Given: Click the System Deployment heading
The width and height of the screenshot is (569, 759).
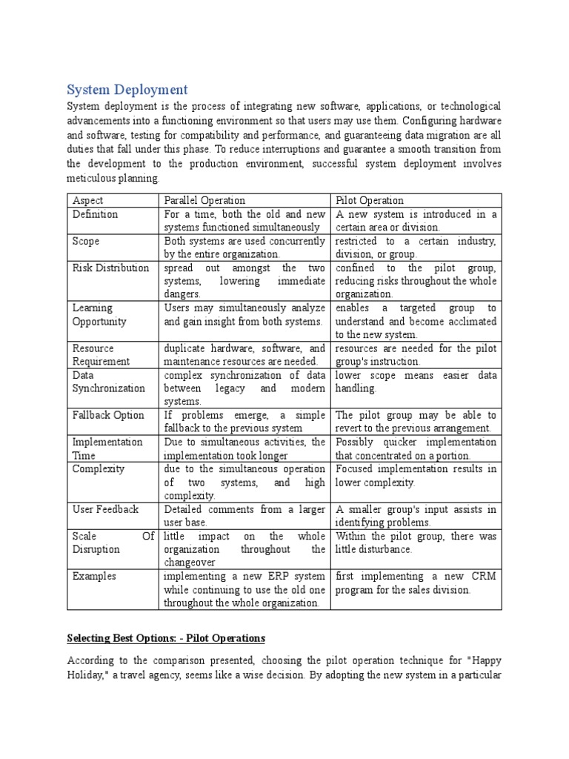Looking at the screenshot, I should (127, 90).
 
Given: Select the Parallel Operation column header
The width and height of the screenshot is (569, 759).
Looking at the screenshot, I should (204, 200).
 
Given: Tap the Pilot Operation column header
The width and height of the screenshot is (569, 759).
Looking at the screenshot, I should (370, 200).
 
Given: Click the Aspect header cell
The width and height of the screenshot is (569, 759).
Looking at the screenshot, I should (88, 200).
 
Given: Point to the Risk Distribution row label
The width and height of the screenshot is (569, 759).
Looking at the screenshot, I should (110, 268).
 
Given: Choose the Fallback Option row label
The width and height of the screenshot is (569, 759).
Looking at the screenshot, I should (108, 415).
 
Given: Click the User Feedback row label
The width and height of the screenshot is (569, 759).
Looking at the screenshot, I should (105, 509).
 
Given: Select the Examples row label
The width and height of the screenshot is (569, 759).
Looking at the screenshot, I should (94, 576).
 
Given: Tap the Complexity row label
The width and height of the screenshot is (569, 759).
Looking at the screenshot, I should (99, 468).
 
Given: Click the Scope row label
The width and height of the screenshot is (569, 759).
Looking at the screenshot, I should (86, 241).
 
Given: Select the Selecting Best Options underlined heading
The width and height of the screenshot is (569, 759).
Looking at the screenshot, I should (166, 637).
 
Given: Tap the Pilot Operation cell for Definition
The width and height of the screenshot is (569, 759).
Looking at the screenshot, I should (416, 220).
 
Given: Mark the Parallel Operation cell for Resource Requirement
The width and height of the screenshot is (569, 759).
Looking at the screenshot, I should (244, 354).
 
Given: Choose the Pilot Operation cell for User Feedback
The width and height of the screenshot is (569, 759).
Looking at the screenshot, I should (416, 516).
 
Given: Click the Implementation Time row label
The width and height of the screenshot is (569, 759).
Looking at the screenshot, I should (107, 448).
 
